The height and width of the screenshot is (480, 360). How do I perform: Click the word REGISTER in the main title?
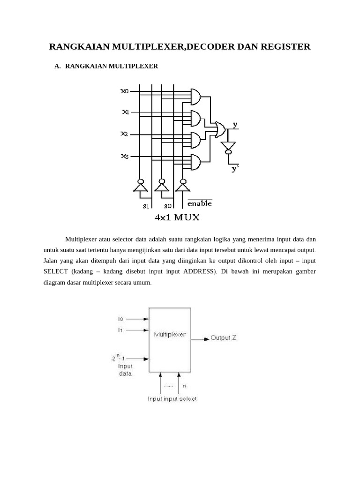[x=283, y=46]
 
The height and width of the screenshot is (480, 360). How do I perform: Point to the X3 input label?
[x=125, y=156]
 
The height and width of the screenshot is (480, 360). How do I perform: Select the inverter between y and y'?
[x=228, y=147]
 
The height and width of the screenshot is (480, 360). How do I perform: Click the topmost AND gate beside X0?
[x=195, y=97]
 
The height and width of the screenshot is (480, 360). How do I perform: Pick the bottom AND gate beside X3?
[x=195, y=162]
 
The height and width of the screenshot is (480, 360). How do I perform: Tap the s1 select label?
[x=146, y=205]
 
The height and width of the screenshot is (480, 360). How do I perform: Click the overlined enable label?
[x=200, y=203]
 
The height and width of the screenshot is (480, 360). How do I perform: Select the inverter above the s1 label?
[x=140, y=186]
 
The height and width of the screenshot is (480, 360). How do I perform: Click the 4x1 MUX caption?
[x=177, y=217]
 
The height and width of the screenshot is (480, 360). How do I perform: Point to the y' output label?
[x=235, y=169]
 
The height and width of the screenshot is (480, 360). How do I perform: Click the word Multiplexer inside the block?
[x=170, y=335]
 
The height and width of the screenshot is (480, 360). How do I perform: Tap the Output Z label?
[x=223, y=337]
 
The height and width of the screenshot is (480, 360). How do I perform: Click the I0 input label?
[x=120, y=319]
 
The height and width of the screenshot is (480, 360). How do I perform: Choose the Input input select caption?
[x=172, y=399]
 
